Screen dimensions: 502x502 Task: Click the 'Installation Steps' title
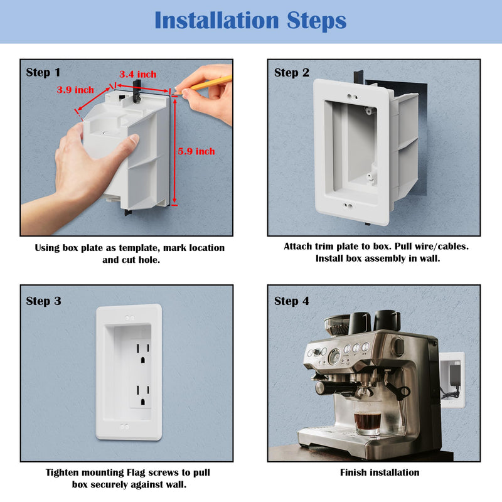[250, 21]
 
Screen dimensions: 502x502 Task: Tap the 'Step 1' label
[43, 72]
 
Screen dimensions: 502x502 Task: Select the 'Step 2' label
[292, 73]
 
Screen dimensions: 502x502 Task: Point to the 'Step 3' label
[43, 301]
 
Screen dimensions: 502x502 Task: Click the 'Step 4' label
[292, 301]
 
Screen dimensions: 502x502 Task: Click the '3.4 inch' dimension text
[138, 74]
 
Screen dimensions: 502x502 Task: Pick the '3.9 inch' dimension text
[75, 90]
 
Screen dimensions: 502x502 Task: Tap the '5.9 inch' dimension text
[196, 151]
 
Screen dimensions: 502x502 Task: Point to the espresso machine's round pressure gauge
[334, 356]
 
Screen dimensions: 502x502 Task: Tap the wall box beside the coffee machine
[452, 380]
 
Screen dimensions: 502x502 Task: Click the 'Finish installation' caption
[380, 473]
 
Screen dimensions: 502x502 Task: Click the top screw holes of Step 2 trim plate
[352, 97]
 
